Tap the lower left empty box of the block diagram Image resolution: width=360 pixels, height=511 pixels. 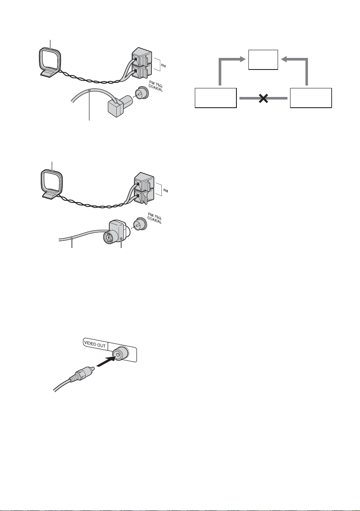(x=215, y=98)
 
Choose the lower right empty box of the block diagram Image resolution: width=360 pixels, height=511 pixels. (x=310, y=98)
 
